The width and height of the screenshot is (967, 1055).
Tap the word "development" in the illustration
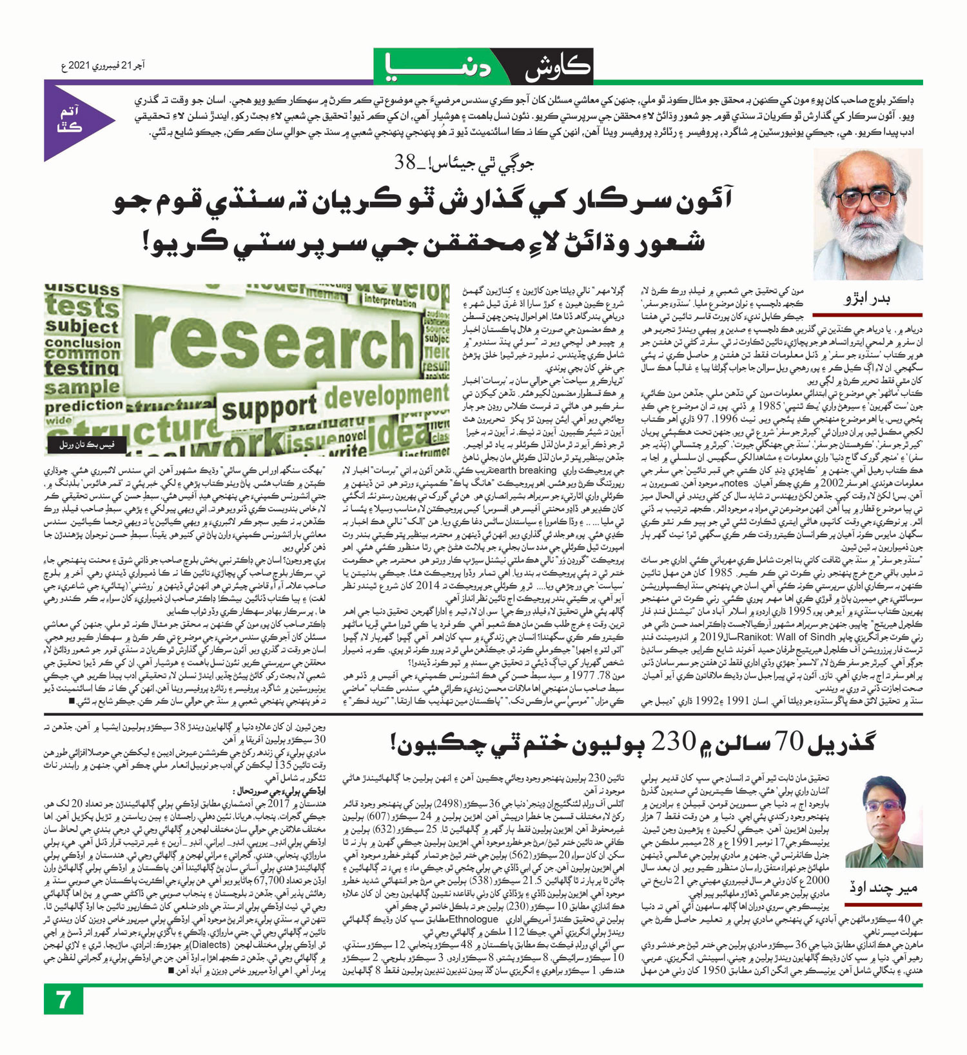[x=387, y=395]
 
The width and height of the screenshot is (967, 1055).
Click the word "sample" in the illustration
[x=83, y=388]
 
